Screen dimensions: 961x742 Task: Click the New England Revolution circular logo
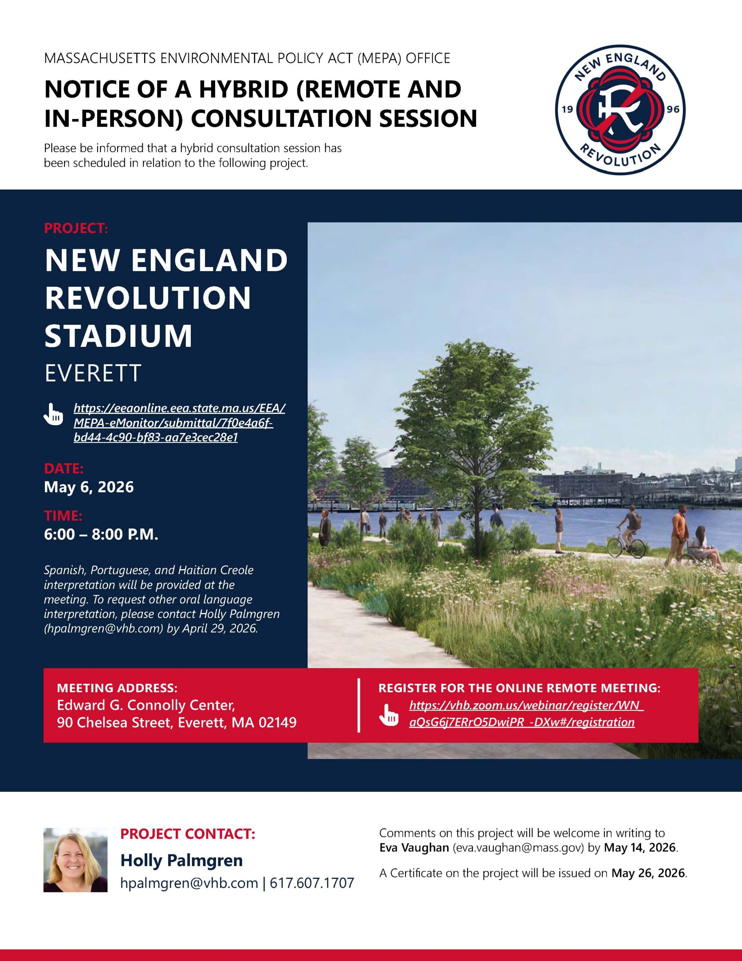pyautogui.click(x=620, y=110)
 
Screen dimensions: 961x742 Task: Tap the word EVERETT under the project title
pyautogui.click(x=93, y=373)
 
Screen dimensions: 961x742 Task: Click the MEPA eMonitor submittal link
pyautogui.click(x=179, y=423)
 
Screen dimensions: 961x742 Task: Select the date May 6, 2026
pyautogui.click(x=89, y=487)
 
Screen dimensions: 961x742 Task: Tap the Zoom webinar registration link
pyautogui.click(x=526, y=714)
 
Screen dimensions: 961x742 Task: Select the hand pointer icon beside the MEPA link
pyautogui.click(x=53, y=414)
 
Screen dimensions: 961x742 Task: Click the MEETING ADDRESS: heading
pyautogui.click(x=117, y=688)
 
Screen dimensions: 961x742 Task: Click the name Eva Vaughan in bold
pyautogui.click(x=414, y=848)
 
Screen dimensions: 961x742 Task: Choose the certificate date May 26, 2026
pyautogui.click(x=648, y=873)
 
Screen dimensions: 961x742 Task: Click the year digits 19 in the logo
pyautogui.click(x=567, y=109)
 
